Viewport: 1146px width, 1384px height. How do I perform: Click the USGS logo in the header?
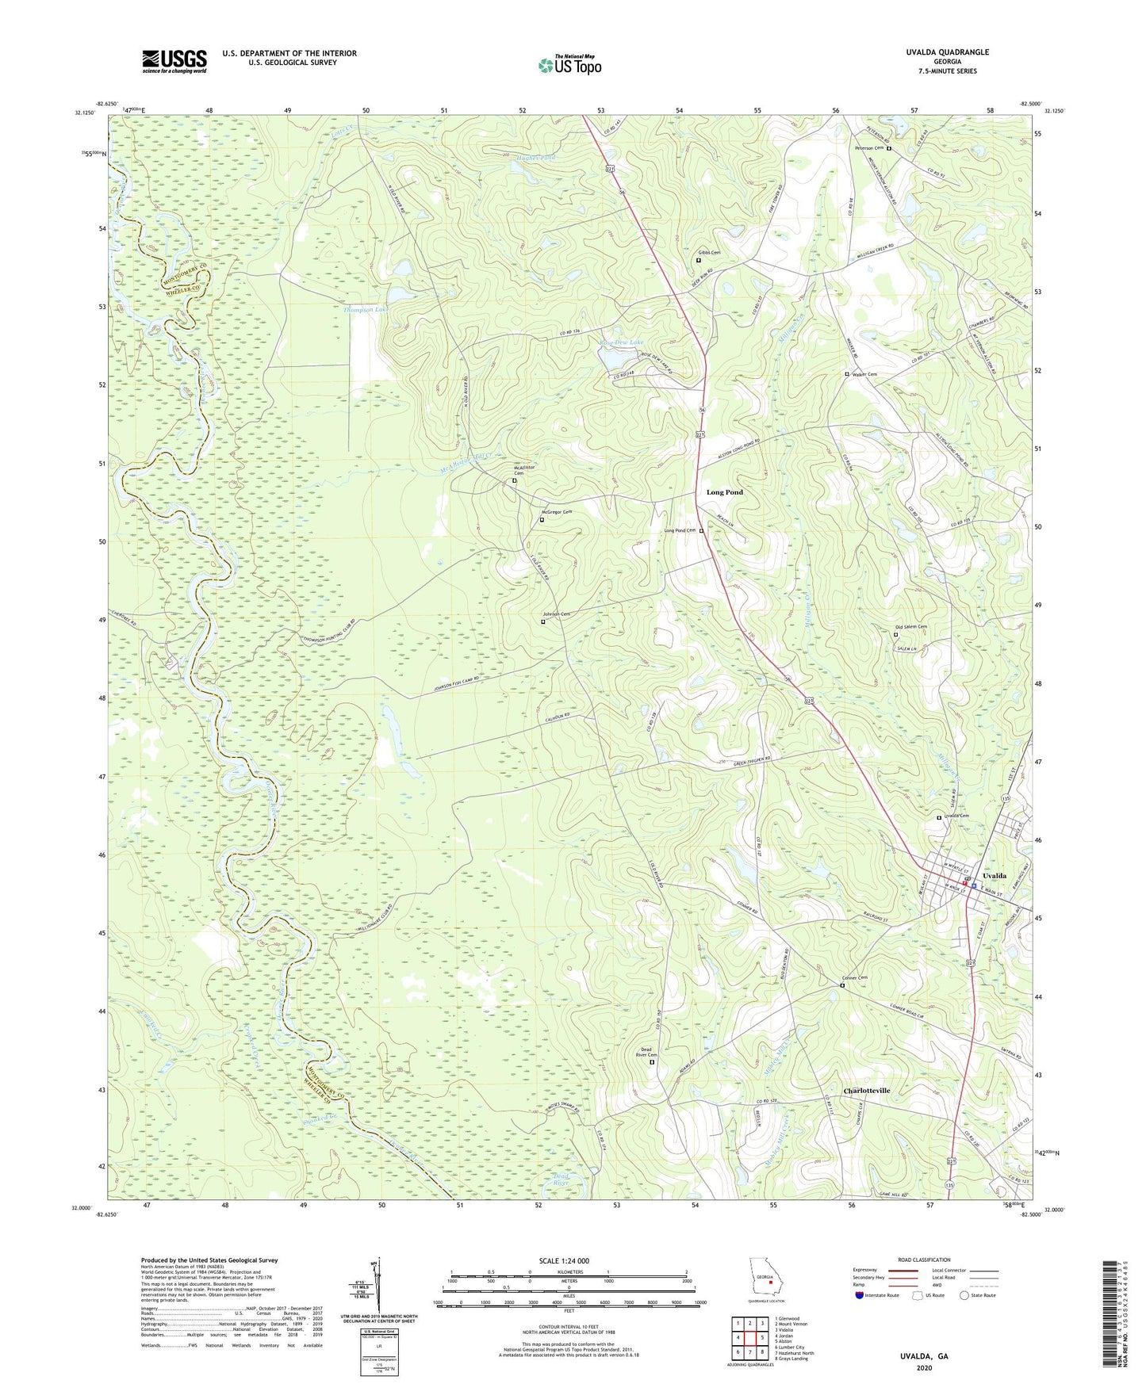pyautogui.click(x=174, y=61)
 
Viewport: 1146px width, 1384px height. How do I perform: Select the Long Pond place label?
pyautogui.click(x=725, y=492)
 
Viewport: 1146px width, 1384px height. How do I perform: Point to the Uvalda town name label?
pyautogui.click(x=995, y=876)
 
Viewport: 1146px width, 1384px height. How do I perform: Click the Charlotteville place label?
pyautogui.click(x=866, y=1091)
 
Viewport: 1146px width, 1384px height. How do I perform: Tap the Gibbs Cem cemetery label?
pyautogui.click(x=710, y=253)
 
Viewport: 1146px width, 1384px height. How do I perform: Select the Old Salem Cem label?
pyautogui.click(x=910, y=627)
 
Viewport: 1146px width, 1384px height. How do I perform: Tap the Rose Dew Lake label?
pyautogui.click(x=622, y=342)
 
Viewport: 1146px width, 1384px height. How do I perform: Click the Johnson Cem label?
pyautogui.click(x=557, y=614)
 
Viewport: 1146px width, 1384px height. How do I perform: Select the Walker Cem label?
pyautogui.click(x=864, y=374)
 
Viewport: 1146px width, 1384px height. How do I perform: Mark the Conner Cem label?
pyautogui.click(x=855, y=978)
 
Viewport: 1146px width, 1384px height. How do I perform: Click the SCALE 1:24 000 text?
pyautogui.click(x=569, y=1261)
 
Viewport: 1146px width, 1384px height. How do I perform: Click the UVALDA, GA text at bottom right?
pyautogui.click(x=924, y=1356)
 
